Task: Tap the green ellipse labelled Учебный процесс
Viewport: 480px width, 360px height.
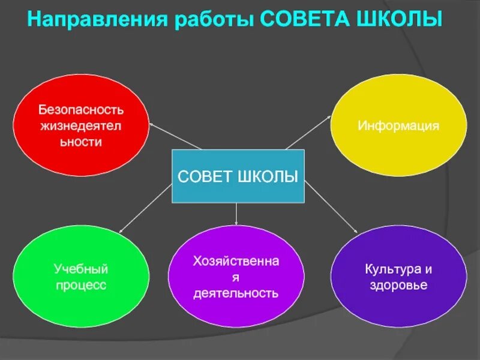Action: click(81, 277)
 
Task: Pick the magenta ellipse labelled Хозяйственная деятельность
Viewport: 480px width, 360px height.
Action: click(236, 277)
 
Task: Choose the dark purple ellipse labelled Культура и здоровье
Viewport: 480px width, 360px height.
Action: click(398, 277)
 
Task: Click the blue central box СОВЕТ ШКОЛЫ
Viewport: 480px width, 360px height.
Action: click(238, 176)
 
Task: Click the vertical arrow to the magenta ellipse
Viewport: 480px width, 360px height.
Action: click(236, 214)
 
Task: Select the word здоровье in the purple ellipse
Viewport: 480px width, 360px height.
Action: click(398, 285)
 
